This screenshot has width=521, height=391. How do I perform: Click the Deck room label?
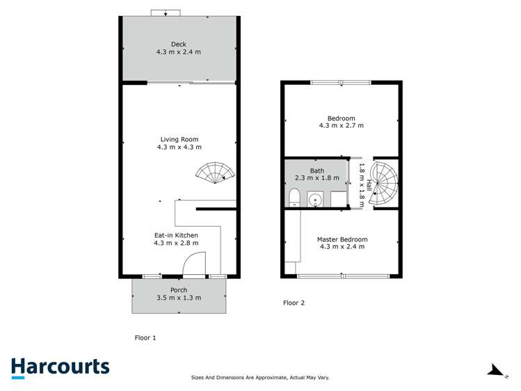pyautogui.click(x=179, y=43)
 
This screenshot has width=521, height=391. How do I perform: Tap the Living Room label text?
pyautogui.click(x=179, y=139)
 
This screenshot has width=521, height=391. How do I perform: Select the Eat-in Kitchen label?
pyautogui.click(x=176, y=234)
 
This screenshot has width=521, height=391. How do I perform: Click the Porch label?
pyautogui.click(x=179, y=289)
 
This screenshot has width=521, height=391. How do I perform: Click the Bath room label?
pyautogui.click(x=316, y=170)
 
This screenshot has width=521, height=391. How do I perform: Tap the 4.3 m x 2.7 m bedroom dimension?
pyautogui.click(x=342, y=126)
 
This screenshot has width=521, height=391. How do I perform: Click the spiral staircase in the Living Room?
pyautogui.click(x=215, y=172)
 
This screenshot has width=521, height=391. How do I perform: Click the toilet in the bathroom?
pyautogui.click(x=294, y=198)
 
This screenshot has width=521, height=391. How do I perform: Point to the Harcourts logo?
pyautogui.click(x=60, y=367)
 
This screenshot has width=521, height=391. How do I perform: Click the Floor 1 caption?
pyautogui.click(x=145, y=337)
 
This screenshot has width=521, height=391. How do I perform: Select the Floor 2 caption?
pyautogui.click(x=294, y=303)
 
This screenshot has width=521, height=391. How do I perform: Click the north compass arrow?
pyautogui.click(x=495, y=371)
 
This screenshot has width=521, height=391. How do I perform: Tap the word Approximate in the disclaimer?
pyautogui.click(x=268, y=378)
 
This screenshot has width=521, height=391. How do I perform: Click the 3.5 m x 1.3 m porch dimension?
pyautogui.click(x=179, y=298)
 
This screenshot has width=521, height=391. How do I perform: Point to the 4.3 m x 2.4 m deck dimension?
pyautogui.click(x=179, y=51)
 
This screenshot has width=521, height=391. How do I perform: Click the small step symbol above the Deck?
pyautogui.click(x=166, y=12)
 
